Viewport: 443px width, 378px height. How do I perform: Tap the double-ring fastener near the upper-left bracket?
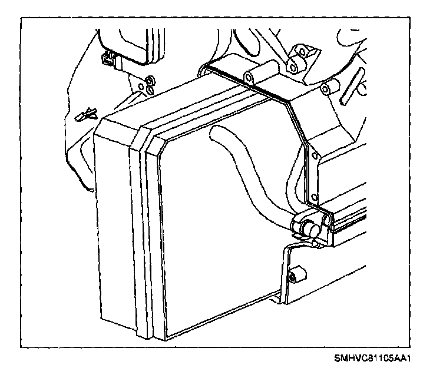tap(150, 82)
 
